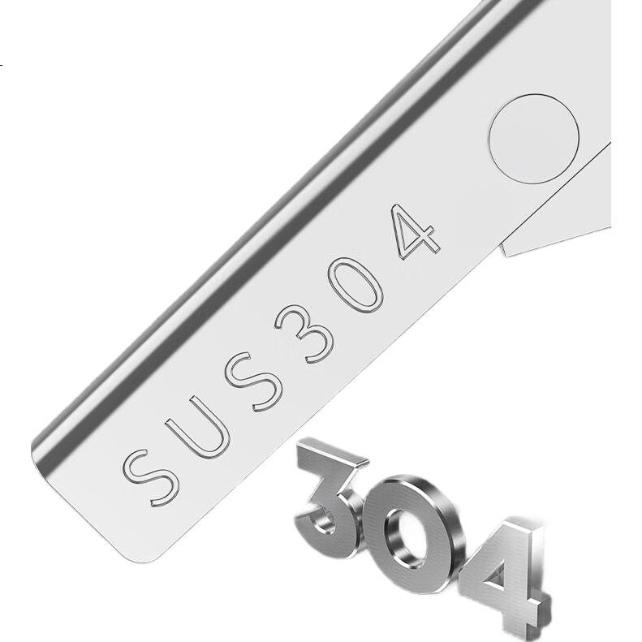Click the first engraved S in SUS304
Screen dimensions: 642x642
(151, 477)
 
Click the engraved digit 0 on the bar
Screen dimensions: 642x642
(355, 285)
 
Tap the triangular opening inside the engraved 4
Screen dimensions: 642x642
(409, 234)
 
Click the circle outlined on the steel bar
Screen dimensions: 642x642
(533, 140)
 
